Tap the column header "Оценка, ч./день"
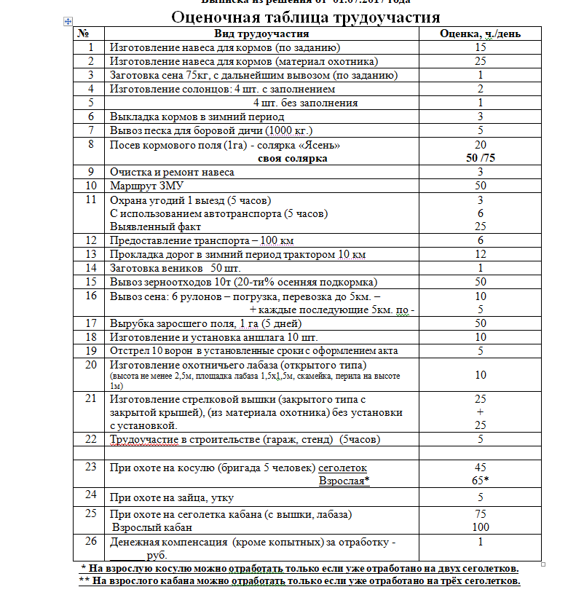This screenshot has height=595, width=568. pyautogui.click(x=480, y=34)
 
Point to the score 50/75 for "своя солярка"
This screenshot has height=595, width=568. pyautogui.click(x=480, y=158)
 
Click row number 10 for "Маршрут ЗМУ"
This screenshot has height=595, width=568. pyautogui.click(x=90, y=186)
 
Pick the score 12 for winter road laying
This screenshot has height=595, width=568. pyautogui.click(x=480, y=253)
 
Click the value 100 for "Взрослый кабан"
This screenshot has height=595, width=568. pyautogui.click(x=480, y=527)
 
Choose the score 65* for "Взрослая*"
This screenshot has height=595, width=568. pyautogui.click(x=480, y=481)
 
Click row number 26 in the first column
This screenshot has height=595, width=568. pyautogui.click(x=90, y=541)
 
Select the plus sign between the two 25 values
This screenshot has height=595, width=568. pyautogui.click(x=480, y=411)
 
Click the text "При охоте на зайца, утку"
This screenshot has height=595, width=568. pyautogui.click(x=173, y=497)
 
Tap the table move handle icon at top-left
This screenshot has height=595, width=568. pyautogui.click(x=68, y=24)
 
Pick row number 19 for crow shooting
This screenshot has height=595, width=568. pyautogui.click(x=90, y=350)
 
